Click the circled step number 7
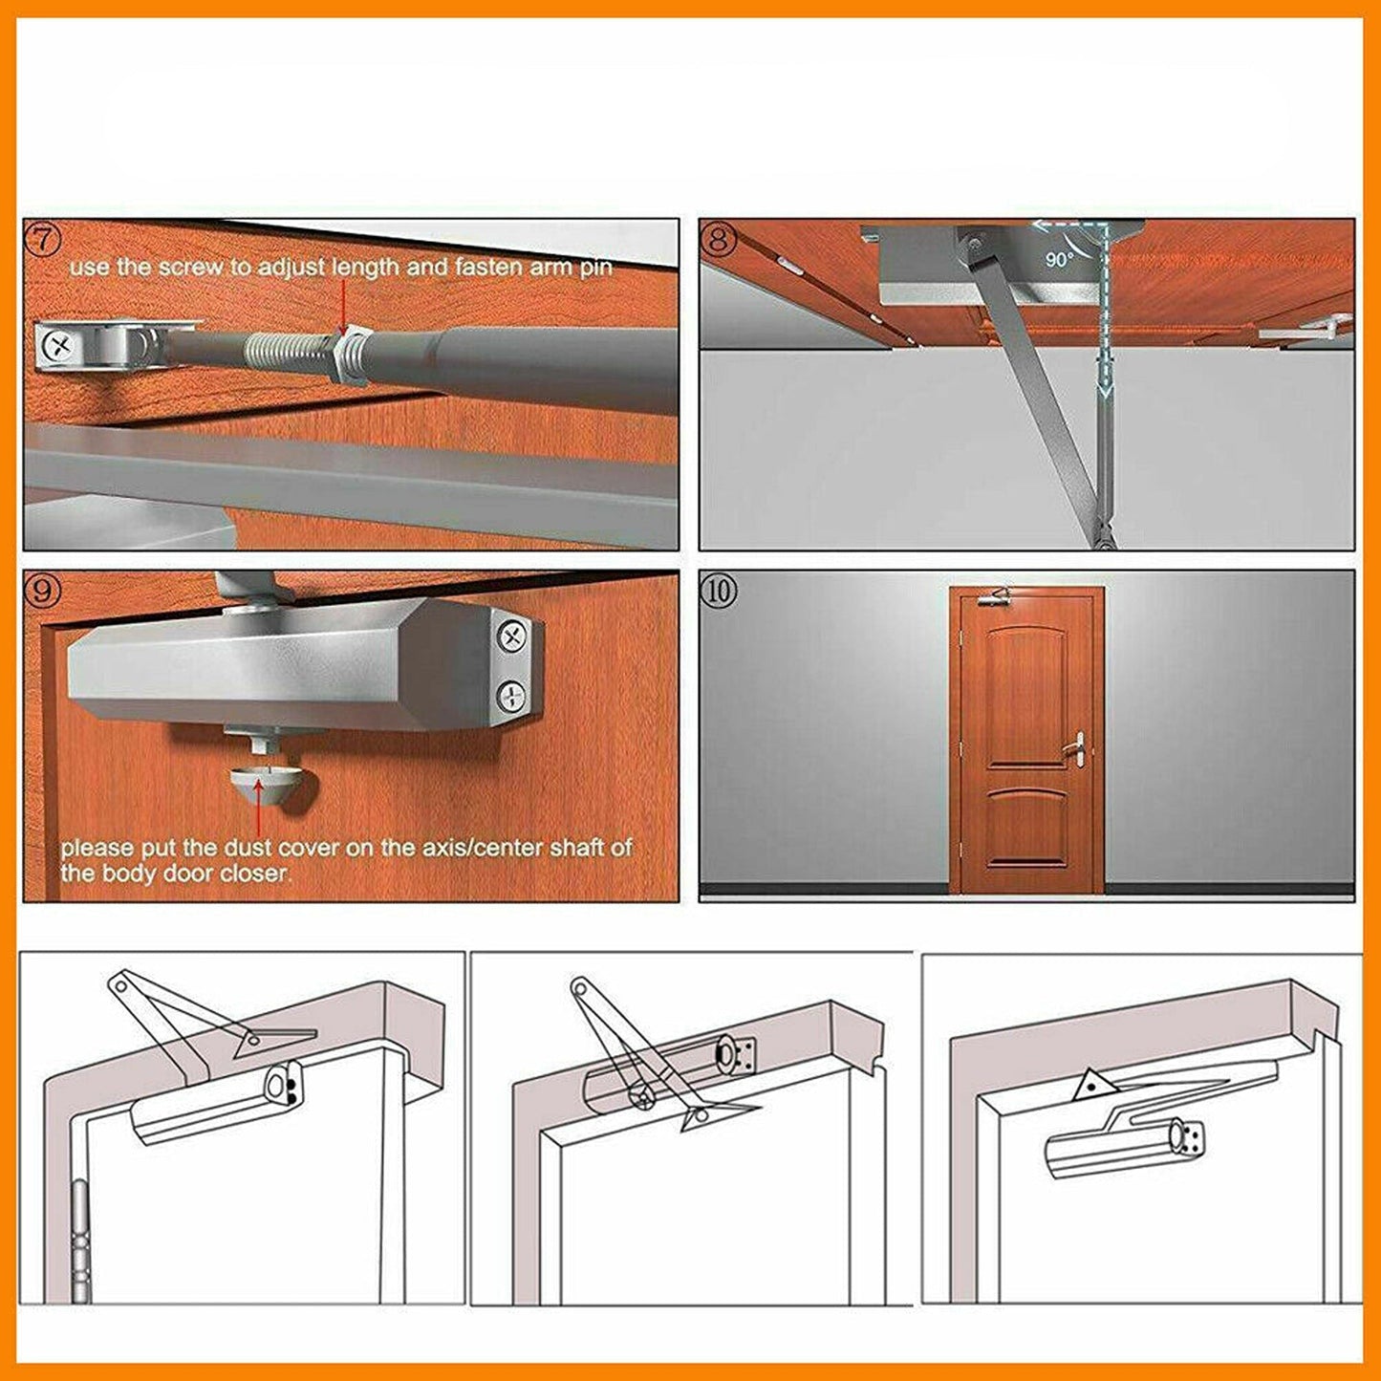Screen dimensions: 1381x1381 pos(42,239)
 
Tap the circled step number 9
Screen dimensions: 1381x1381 pos(42,591)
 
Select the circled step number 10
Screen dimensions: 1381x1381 pos(719,591)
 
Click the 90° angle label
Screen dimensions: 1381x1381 pos(1059,259)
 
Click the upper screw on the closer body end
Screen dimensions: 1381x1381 pos(513,636)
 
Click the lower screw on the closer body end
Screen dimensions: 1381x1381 pos(513,695)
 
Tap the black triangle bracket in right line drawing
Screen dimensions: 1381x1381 pos(1091,1087)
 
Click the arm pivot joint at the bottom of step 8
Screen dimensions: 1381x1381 pos(1105,538)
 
